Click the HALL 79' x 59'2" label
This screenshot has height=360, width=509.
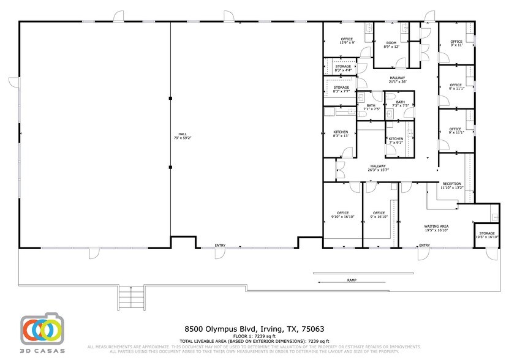[181, 136]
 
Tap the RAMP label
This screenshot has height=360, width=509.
[352, 280]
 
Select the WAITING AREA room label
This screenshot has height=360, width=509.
[436, 228]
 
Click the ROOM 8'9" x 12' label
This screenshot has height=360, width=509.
[391, 45]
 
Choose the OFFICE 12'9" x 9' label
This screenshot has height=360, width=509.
[347, 41]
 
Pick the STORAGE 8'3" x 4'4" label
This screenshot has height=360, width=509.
[342, 68]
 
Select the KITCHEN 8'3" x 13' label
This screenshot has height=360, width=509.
[341, 134]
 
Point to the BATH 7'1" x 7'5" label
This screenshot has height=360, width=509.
[371, 107]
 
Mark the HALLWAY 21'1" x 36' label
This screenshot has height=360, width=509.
[398, 80]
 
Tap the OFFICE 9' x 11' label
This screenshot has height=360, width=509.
[456, 43]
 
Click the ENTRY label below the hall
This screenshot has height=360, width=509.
[220, 246]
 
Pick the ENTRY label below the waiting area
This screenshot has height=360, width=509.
[424, 246]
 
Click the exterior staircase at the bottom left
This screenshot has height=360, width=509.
[130, 298]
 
